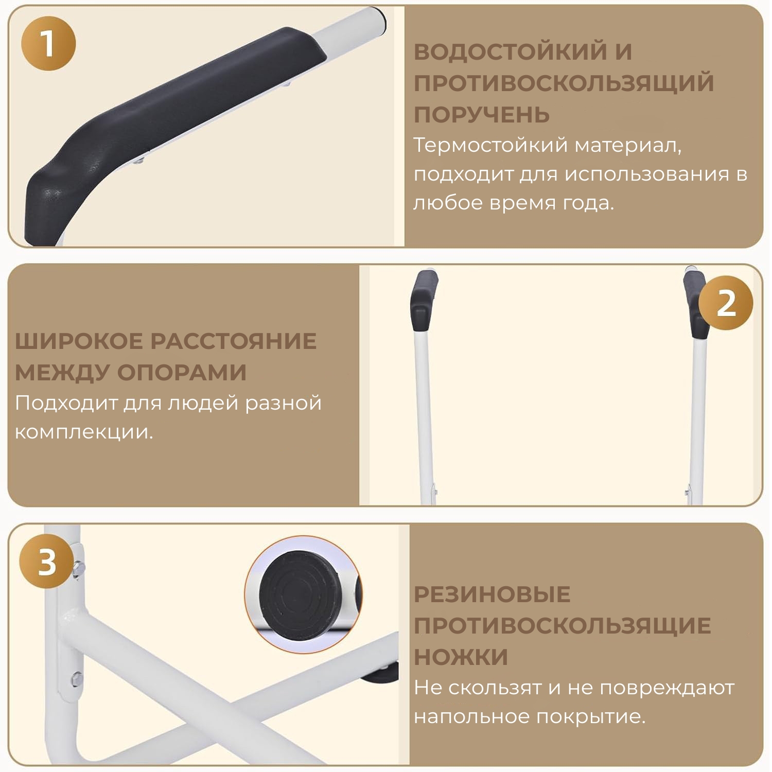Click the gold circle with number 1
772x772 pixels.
point(48,43)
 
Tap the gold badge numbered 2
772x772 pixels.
point(726,303)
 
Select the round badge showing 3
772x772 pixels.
point(47,562)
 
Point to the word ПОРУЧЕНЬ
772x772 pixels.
point(482,114)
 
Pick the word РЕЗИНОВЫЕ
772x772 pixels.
point(492,594)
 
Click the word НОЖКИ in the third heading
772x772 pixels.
point(461,657)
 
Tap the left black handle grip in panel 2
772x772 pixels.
point(424,300)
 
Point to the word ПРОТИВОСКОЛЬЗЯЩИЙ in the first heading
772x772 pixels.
point(564,83)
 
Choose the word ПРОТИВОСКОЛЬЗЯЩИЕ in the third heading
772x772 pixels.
point(563,626)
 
